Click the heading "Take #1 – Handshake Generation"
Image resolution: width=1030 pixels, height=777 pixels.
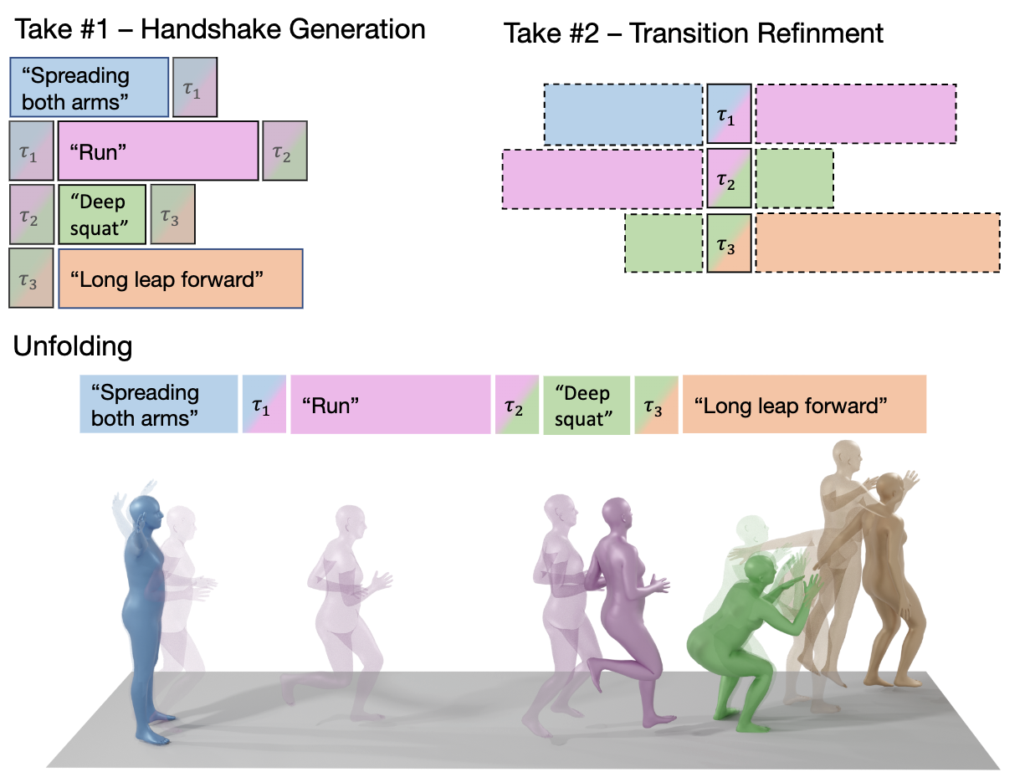point(221,30)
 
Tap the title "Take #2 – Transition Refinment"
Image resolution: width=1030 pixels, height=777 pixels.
point(694,33)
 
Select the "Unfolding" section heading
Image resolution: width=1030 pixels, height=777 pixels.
point(72,346)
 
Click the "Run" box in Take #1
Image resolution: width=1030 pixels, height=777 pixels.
point(158,151)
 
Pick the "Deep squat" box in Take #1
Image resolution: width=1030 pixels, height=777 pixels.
point(102,214)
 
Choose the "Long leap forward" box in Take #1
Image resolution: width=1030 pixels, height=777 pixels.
point(180,279)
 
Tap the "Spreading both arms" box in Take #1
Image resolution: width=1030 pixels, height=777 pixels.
point(90,87)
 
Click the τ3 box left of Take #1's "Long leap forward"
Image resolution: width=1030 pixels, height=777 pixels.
point(31,279)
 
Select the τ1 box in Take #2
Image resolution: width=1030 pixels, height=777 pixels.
point(729,113)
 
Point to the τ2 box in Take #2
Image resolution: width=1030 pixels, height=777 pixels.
point(729,178)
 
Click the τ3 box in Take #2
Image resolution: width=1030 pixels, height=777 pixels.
point(729,243)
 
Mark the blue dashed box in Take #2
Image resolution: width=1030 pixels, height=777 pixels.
point(623,113)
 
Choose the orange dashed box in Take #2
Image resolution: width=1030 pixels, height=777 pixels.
point(878,243)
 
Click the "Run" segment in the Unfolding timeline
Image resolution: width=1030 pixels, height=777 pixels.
point(390,405)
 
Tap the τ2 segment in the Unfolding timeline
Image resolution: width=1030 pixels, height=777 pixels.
point(516,405)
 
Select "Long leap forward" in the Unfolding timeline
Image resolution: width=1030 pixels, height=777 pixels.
point(804,405)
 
